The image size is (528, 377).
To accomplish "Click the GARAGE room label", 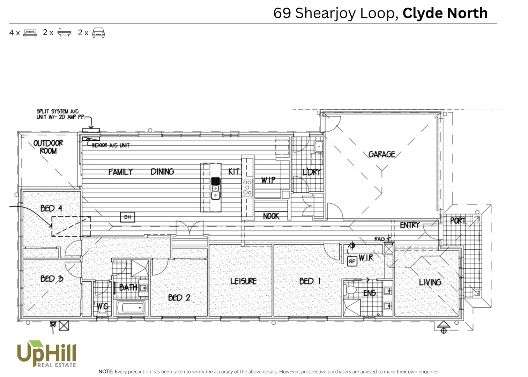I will pos(381,154).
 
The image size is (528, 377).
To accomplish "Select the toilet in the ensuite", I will pos(350,289).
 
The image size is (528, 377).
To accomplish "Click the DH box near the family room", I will pos(127,217).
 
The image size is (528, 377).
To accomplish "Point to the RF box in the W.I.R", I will pos(352,261).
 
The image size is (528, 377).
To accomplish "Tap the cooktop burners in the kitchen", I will pos(247,187).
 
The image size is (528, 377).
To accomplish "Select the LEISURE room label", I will pos(243,281).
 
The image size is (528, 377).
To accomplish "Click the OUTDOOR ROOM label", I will pos(48,147).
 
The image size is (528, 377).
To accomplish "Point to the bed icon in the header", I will pos(30,33).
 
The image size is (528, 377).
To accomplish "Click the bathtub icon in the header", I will pos(64,32).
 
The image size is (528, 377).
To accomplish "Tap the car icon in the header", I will pos(98,32).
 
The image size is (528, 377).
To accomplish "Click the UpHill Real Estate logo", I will pos(46,354).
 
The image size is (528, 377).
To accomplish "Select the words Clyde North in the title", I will pos(445,13).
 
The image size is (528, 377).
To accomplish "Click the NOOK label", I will pos(271,216).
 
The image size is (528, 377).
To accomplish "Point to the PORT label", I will pos(458,221).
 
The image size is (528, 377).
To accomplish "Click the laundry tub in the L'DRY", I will pos(319,147).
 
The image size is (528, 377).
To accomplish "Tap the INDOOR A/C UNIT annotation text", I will pos(110,145).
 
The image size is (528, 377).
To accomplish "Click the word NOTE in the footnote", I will pos(106,371).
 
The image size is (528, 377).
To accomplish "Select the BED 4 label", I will pos(51,208).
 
